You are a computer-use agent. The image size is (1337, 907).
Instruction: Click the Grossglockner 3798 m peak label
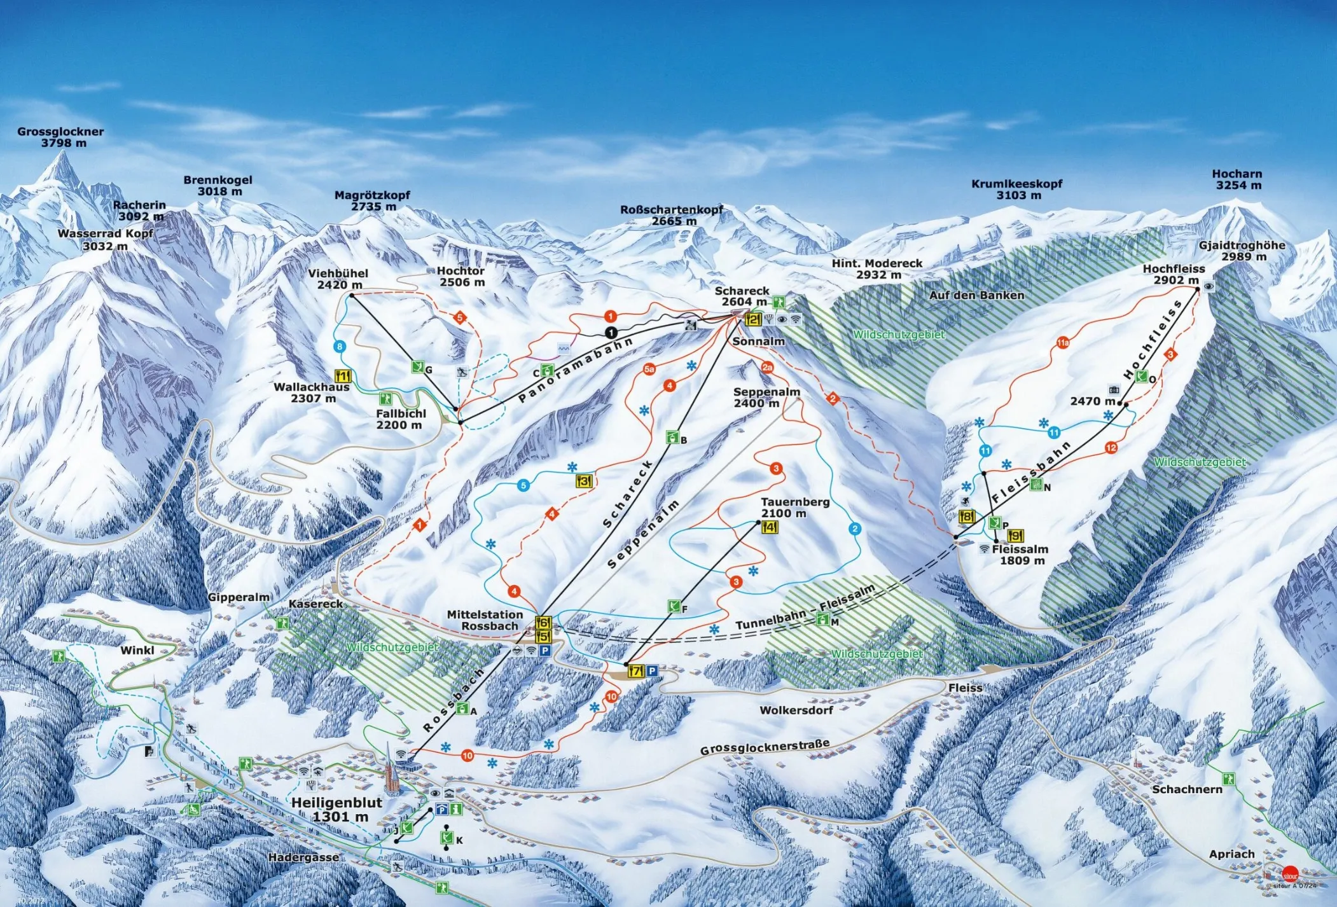tap(60, 137)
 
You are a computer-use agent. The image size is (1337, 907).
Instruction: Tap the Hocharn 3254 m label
tap(1237, 179)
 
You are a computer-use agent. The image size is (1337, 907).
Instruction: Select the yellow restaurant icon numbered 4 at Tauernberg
tap(769, 527)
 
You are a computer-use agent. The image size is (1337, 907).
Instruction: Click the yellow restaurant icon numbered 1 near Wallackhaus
tap(342, 377)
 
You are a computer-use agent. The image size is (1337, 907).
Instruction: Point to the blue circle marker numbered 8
tap(340, 347)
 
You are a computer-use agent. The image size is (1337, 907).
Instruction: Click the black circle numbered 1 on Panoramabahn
tap(611, 333)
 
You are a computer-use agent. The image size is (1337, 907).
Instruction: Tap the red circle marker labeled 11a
tap(1063, 343)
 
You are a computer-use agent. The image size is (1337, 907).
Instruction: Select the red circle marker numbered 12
tap(1111, 448)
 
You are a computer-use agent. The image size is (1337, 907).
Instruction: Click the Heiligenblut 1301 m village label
tap(337, 809)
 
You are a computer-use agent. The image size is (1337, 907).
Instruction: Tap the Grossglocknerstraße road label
tap(765, 747)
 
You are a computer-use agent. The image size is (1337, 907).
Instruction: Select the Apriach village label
tap(1231, 854)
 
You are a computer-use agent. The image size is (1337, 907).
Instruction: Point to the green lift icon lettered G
tap(417, 367)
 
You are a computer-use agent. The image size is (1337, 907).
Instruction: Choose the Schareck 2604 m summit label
tap(743, 296)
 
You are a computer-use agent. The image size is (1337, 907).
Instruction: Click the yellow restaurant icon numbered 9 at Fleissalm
tap(1015, 536)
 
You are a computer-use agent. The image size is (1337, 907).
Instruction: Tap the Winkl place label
tap(137, 650)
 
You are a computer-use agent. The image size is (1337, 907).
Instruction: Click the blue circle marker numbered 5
tap(523, 486)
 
